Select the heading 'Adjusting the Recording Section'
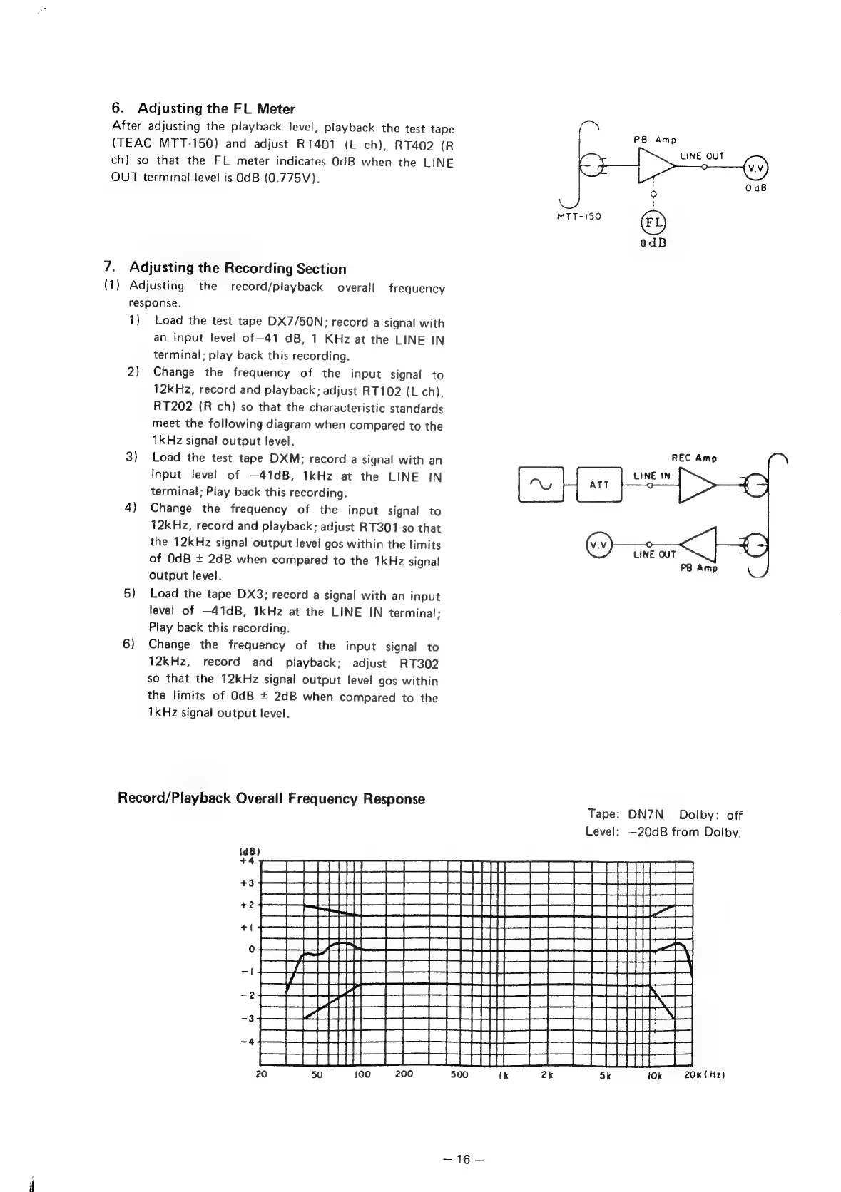pyautogui.click(x=238, y=269)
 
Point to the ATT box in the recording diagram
pyautogui.click(x=598, y=485)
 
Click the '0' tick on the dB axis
pyautogui.click(x=251, y=950)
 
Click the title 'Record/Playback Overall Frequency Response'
pyautogui.click(x=271, y=798)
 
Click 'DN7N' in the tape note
pyautogui.click(x=646, y=815)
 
